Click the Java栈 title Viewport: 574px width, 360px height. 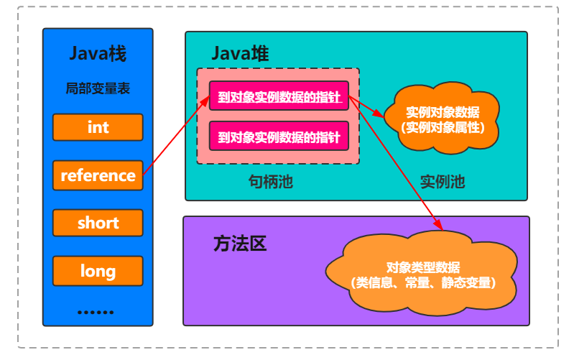coord(98,54)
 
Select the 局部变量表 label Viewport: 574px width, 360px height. coord(98,89)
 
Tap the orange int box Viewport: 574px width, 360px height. coord(98,127)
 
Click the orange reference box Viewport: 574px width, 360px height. coord(98,175)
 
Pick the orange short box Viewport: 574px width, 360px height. coord(98,223)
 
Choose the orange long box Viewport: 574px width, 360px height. coord(98,271)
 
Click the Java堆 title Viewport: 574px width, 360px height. coord(240,54)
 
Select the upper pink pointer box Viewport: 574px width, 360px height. coord(279,96)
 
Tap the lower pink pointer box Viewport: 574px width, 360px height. coord(279,135)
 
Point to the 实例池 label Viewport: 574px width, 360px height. coord(443,182)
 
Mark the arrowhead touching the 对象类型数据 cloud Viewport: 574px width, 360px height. coord(435,226)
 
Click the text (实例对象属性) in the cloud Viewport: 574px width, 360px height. coord(442,127)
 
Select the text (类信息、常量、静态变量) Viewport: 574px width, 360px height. coord(422,283)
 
